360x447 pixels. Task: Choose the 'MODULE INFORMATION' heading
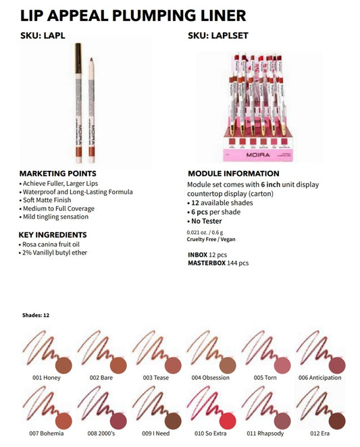coord(233,174)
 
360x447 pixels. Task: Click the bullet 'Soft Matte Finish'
coord(51,201)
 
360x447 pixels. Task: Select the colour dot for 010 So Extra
coord(228,421)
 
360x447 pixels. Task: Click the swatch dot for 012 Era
coord(338,421)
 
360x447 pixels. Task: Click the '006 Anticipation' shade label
coord(319,378)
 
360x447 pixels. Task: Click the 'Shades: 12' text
coord(36,315)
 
